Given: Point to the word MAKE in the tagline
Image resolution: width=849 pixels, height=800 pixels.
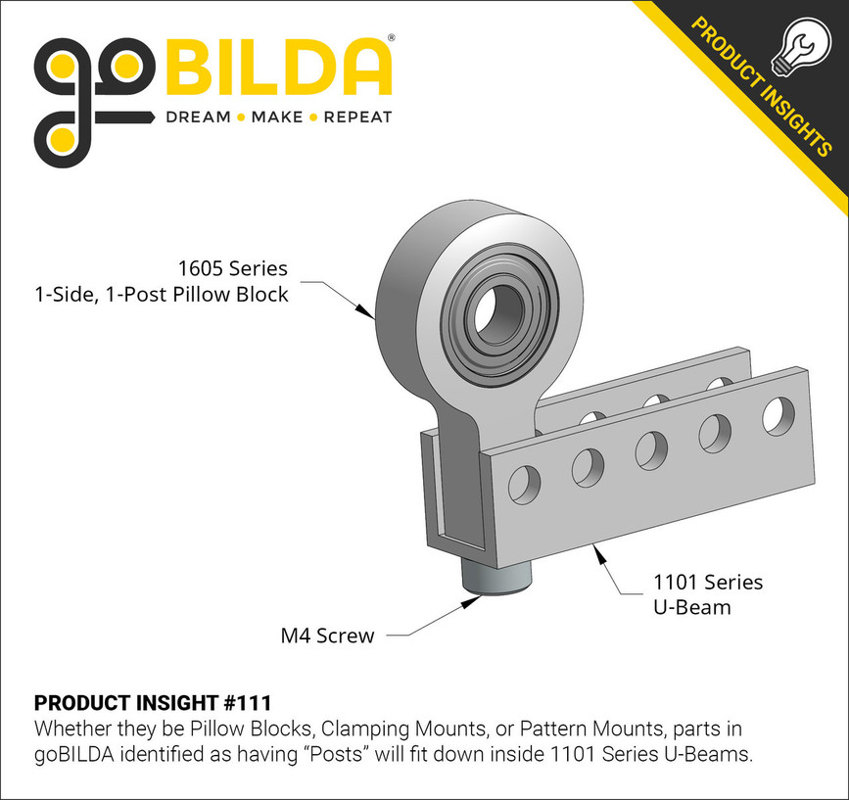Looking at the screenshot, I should [277, 118].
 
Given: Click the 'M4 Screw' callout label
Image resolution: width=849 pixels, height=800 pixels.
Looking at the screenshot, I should [327, 636].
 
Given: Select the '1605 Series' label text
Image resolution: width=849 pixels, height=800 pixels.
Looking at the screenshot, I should [232, 268].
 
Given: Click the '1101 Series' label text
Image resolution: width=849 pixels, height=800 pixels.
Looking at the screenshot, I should [708, 583].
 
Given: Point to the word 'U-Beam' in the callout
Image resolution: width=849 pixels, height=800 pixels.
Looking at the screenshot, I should [691, 607].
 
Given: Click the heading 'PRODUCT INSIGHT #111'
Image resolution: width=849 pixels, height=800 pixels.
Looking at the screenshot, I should [153, 703].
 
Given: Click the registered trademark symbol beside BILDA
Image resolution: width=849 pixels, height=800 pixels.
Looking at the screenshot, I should [392, 39].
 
